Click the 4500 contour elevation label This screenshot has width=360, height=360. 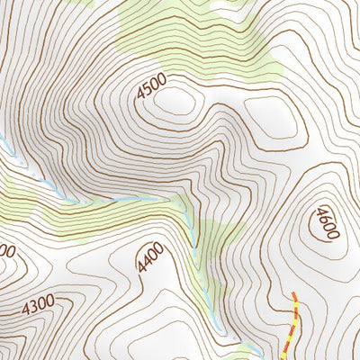pyautogui.click(x=152, y=86)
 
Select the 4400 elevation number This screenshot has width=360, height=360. pyautogui.click(x=150, y=257)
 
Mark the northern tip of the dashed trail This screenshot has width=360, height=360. pyautogui.click(x=294, y=293)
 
